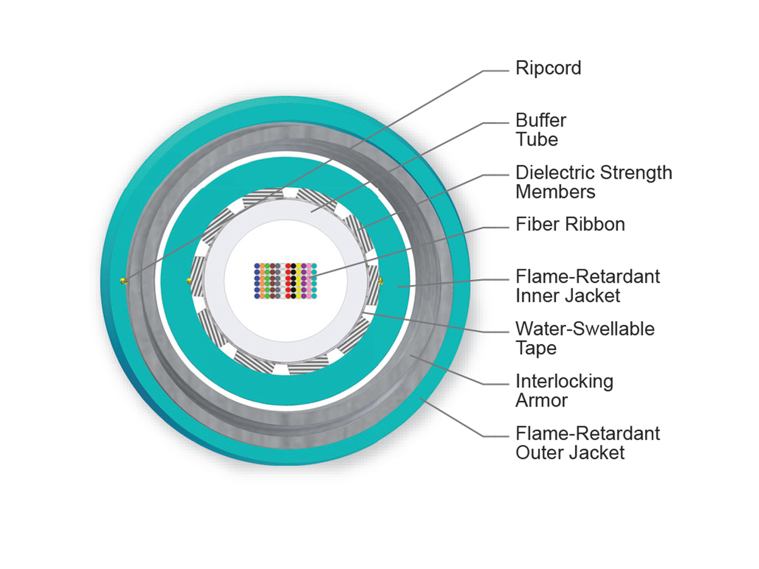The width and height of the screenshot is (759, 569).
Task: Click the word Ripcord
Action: pos(548,68)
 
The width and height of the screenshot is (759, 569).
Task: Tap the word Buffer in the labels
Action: pos(541,120)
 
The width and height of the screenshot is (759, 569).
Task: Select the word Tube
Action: pos(536,139)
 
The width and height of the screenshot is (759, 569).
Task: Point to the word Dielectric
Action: pos(553,173)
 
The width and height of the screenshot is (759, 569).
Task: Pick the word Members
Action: pos(555,192)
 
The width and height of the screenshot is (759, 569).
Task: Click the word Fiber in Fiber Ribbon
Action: pos(535,224)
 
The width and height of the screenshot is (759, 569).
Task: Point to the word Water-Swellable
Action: pos(585,329)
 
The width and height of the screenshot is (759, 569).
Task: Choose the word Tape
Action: pos(536,348)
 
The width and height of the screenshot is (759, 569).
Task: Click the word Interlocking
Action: pos(564,381)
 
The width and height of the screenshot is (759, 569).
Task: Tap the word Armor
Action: pos(541,400)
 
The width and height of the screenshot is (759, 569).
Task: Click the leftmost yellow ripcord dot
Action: pos(124,281)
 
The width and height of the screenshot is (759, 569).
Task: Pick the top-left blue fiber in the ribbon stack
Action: pos(257,266)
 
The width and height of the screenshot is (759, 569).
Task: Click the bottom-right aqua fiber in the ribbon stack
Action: pos(314,295)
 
